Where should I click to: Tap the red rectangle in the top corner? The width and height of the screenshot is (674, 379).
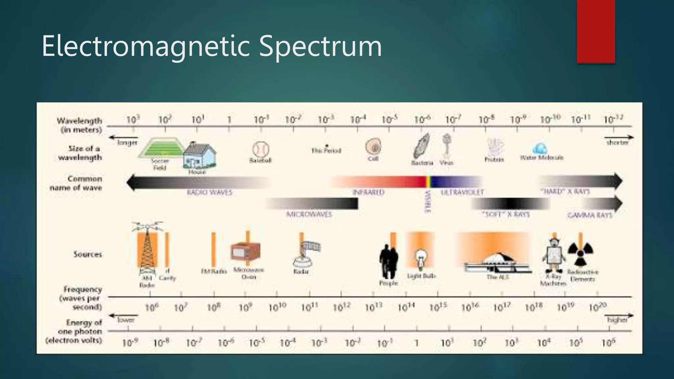[596, 32]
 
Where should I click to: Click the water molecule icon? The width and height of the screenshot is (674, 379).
[539, 149]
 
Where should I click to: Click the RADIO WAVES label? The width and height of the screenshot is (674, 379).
[210, 192]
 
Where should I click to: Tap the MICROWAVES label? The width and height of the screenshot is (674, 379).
[309, 215]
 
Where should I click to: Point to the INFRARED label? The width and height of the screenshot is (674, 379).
[368, 192]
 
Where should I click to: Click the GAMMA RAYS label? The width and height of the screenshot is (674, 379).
[589, 215]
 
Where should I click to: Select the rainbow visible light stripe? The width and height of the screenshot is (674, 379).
[428, 182]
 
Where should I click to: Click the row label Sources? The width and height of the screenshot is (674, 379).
[88, 254]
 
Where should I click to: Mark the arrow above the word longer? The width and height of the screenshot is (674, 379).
[123, 137]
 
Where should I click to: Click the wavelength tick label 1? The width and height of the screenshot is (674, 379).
[229, 120]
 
